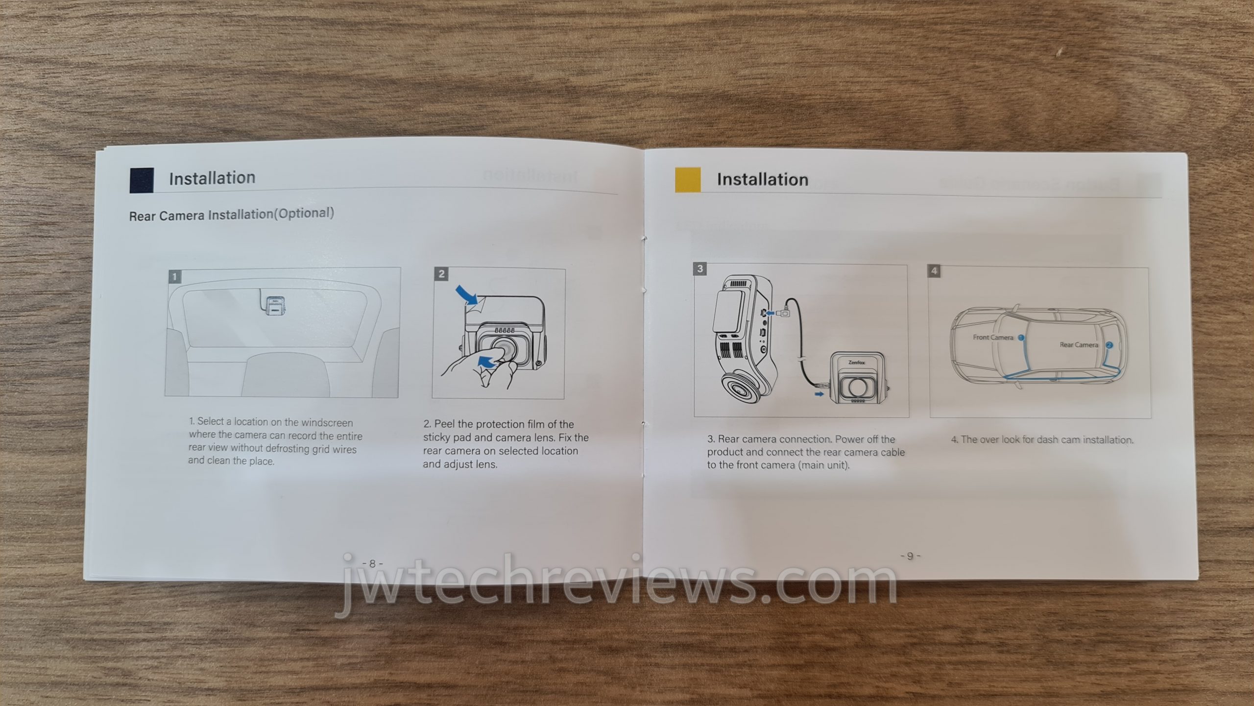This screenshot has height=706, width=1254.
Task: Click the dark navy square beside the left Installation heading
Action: click(x=142, y=180)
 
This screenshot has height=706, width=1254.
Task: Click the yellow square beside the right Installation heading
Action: click(x=688, y=179)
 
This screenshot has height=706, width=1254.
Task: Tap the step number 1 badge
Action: click(x=175, y=276)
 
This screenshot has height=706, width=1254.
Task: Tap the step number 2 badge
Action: click(x=441, y=274)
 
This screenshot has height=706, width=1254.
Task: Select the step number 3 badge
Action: click(x=700, y=268)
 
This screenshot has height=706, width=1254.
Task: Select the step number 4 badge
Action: click(x=934, y=270)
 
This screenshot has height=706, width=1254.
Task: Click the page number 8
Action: click(x=372, y=564)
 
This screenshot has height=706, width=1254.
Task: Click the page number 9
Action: click(x=910, y=556)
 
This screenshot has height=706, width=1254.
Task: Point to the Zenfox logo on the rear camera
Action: click(x=857, y=363)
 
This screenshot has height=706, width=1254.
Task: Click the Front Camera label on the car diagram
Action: click(x=993, y=337)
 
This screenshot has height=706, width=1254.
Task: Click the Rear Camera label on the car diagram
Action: click(x=1079, y=345)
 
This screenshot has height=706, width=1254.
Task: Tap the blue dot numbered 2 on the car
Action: click(x=1109, y=345)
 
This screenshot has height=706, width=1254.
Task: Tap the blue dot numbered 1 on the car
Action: click(x=1021, y=338)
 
